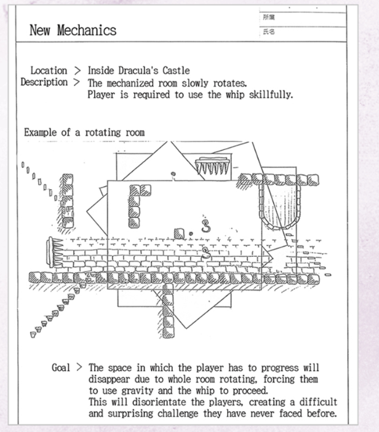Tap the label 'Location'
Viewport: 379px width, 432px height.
point(49,71)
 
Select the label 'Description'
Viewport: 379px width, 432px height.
point(44,82)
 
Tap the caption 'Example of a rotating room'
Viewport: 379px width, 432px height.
point(84,132)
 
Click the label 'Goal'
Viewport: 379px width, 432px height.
point(62,367)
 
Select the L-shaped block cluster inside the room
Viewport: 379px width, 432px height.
point(137,203)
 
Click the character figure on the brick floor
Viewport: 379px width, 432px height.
point(205,251)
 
